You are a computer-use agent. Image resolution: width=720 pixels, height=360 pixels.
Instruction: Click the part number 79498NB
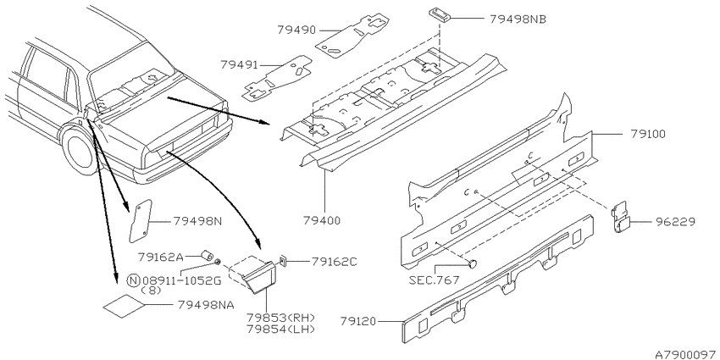click(x=518, y=19)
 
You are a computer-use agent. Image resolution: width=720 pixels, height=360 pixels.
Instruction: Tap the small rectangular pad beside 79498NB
click(x=440, y=14)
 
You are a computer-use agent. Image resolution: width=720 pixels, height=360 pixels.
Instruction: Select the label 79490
click(x=296, y=30)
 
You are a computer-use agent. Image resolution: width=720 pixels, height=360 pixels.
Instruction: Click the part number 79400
click(x=322, y=221)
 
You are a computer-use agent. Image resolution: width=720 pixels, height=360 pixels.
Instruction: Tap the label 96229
click(x=675, y=222)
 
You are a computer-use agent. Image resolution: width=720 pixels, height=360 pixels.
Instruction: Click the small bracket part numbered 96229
click(x=621, y=217)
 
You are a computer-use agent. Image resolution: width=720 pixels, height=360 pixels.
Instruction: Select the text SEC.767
click(x=434, y=280)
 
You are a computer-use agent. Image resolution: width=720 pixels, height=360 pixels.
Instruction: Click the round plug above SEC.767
click(x=473, y=263)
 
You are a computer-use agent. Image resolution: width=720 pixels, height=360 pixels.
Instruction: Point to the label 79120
click(x=359, y=321)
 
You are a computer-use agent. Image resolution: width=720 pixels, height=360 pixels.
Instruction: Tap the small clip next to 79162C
click(x=284, y=262)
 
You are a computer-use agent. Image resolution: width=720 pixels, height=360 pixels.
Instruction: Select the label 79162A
click(x=161, y=257)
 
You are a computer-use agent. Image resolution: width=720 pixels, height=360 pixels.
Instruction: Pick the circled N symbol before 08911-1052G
click(x=133, y=280)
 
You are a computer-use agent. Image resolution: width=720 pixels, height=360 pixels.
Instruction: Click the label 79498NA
click(x=203, y=305)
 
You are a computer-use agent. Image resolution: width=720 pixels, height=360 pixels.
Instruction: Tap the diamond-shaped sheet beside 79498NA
click(x=124, y=306)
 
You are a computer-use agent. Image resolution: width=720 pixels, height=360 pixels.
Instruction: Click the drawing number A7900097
click(x=687, y=355)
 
